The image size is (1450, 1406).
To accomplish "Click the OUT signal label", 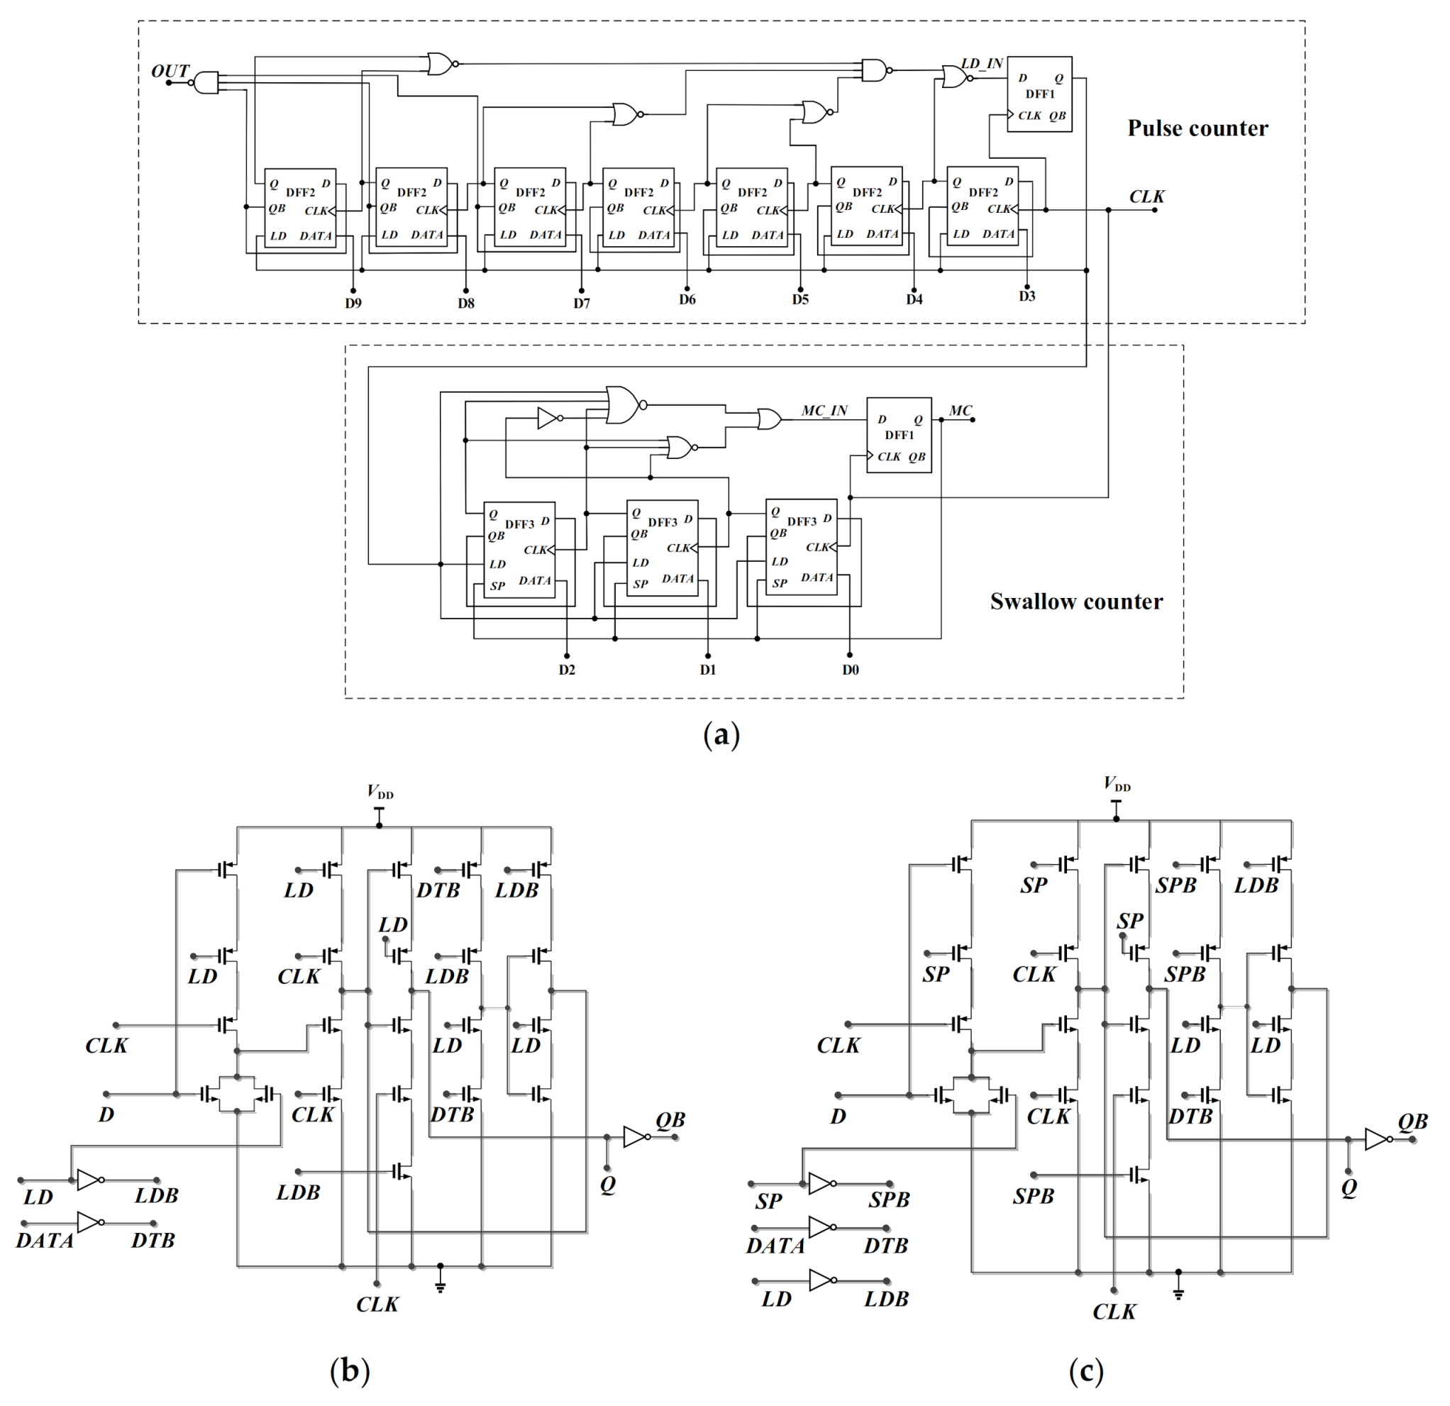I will click(x=170, y=71).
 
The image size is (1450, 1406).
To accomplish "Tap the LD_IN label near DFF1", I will click(x=982, y=64).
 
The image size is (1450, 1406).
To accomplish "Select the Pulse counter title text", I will click(x=1197, y=128).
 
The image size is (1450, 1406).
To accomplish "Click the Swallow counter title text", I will click(x=1075, y=602).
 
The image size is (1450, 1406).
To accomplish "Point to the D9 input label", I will click(x=353, y=303).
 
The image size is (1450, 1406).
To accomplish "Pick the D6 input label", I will click(x=687, y=299).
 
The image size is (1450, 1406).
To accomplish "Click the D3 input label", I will click(x=1026, y=297).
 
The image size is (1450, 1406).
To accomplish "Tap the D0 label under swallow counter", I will click(x=850, y=670).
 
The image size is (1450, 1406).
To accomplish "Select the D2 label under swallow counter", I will click(x=567, y=670).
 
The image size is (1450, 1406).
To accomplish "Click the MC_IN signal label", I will click(x=824, y=411).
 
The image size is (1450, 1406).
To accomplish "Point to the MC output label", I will click(x=961, y=411).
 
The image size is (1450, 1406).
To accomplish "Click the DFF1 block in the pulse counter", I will click(x=1039, y=94).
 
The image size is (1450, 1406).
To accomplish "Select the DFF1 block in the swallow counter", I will click(x=899, y=436).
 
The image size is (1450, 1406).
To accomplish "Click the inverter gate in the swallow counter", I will click(x=548, y=419).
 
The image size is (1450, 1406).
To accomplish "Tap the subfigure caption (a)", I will click(x=721, y=734).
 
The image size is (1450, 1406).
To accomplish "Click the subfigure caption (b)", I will click(x=349, y=1371).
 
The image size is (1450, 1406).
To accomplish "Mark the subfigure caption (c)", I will click(x=1086, y=1371).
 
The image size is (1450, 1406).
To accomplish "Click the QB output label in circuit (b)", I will click(x=670, y=1120).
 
